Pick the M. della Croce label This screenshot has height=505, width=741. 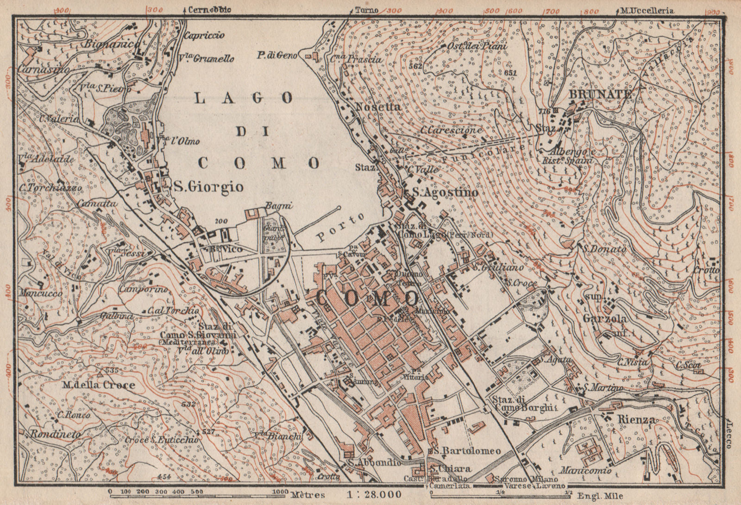pos(100,385)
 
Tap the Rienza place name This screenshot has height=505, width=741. pos(636,420)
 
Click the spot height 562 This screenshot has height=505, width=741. pos(416,66)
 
